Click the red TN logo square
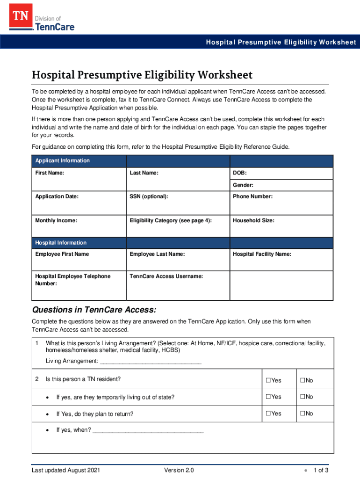(20, 18)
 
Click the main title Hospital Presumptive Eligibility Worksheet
(142, 75)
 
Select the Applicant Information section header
(63, 161)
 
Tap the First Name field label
(50, 173)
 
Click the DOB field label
(239, 173)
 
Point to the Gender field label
(243, 185)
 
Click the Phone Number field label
(252, 196)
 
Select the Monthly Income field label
(56, 220)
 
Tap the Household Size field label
(253, 220)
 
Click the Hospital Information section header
(61, 243)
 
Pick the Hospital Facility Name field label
(262, 254)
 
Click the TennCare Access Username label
(166, 276)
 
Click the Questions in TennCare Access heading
(94, 310)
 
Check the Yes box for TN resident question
(269, 380)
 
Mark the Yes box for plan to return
(269, 414)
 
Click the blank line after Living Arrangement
(151, 361)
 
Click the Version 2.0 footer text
(179, 470)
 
